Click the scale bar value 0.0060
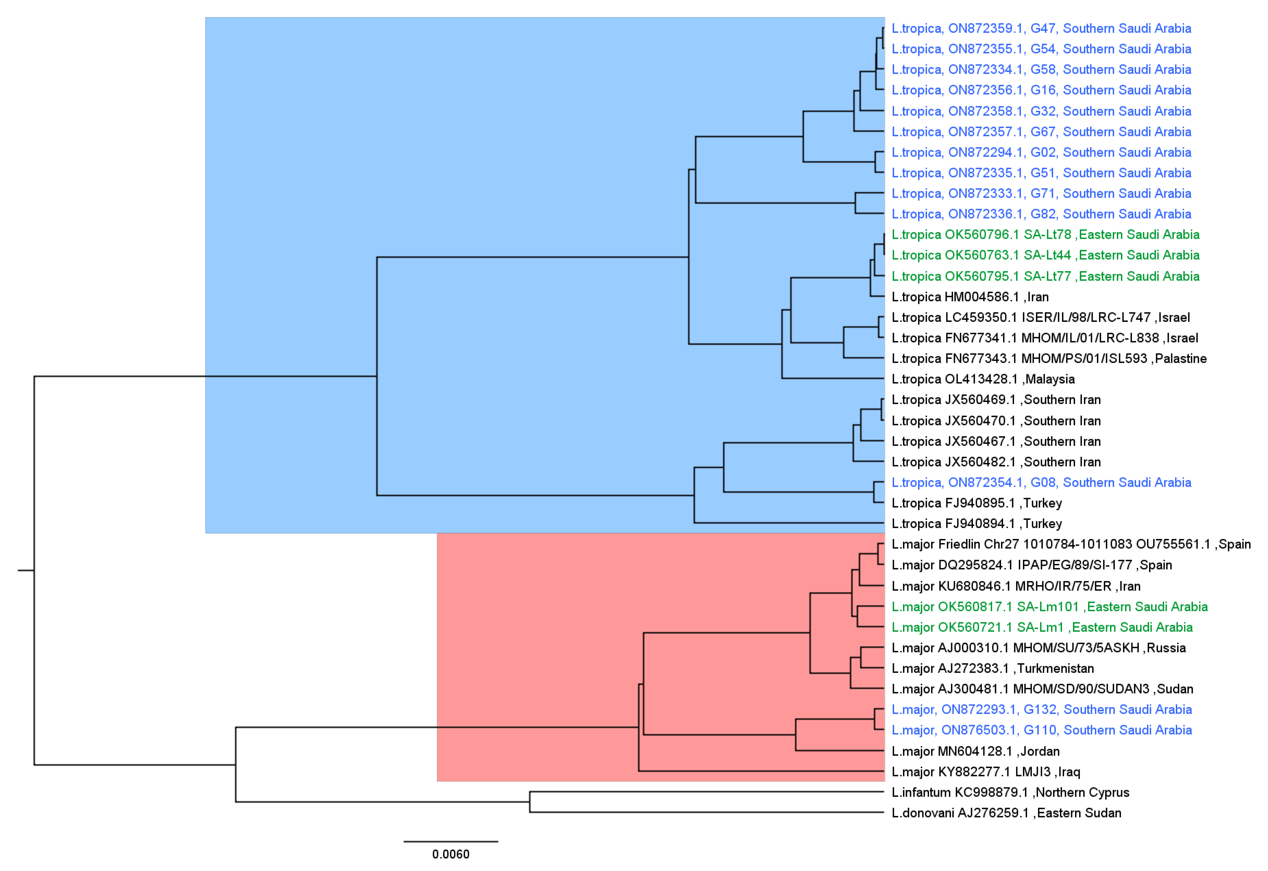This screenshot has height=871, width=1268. pos(451,854)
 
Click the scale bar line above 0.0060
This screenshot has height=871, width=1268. pos(451,841)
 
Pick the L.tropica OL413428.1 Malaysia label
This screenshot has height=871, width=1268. pos(983,379)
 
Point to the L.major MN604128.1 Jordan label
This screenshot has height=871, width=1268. pos(975,751)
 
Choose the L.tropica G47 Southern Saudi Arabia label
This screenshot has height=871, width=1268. pos(1041,28)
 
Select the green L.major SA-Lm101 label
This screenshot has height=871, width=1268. pos(1049,607)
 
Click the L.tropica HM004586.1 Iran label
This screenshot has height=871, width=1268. pos(969,297)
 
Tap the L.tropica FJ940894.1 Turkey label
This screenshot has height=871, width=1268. pos(976,524)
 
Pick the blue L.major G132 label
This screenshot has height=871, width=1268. pos(1041,709)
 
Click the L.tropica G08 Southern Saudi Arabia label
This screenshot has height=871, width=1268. pos(1041,482)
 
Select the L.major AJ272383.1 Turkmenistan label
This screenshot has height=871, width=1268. pos(992,668)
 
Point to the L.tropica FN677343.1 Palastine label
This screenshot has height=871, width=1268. pos(1049,358)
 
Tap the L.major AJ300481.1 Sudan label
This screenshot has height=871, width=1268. pos(1042,689)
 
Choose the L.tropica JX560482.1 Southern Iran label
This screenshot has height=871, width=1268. pos(996,462)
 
